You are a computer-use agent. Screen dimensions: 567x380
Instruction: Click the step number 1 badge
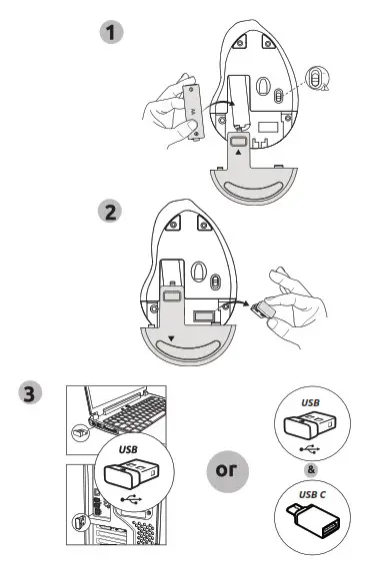tap(117, 32)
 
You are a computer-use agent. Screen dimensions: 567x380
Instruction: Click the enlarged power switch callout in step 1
tap(316, 81)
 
